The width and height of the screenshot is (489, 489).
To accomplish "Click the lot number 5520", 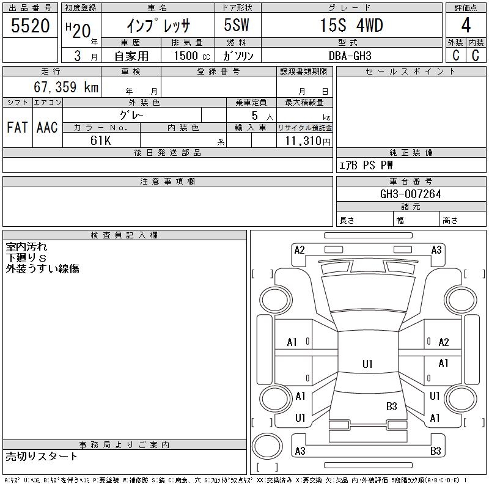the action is click(x=30, y=26).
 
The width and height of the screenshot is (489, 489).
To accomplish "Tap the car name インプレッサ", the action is click(x=158, y=26).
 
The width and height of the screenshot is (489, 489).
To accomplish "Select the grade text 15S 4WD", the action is click(x=351, y=25).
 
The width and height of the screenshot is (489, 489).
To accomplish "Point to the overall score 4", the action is click(x=466, y=25).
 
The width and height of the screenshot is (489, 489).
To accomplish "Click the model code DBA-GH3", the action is click(x=350, y=56).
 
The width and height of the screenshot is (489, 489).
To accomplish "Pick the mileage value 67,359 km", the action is click(x=66, y=87).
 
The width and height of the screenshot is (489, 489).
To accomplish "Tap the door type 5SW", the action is click(x=237, y=25).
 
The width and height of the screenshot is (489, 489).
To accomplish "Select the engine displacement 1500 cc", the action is click(x=192, y=56).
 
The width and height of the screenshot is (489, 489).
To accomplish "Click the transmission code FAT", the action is click(x=17, y=127).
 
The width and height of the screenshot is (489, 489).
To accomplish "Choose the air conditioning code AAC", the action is click(x=47, y=127).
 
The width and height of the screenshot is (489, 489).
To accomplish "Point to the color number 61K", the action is click(x=101, y=141).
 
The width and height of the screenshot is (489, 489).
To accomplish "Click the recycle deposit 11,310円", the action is click(x=308, y=141).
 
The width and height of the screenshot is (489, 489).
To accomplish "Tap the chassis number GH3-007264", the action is click(x=410, y=194).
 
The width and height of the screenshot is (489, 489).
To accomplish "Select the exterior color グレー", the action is click(x=131, y=116).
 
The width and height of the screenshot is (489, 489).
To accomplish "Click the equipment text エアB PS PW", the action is click(x=366, y=165).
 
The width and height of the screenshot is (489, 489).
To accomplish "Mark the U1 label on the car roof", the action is click(x=367, y=364).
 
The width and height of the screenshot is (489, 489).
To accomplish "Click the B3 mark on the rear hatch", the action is click(x=391, y=406).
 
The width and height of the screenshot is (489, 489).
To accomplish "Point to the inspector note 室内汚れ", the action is click(x=26, y=247).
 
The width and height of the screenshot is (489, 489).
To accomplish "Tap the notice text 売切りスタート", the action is click(x=42, y=457).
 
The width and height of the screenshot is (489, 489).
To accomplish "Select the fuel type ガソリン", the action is click(x=238, y=56).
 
